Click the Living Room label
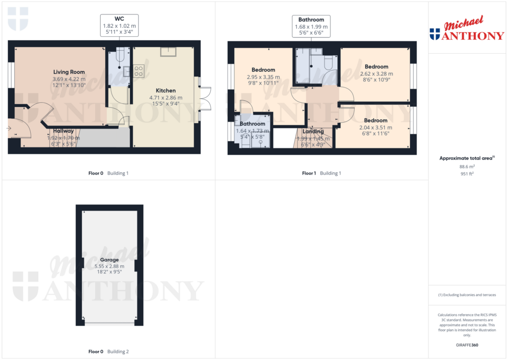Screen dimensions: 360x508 [69, 72]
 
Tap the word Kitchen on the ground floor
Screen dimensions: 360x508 [166, 91]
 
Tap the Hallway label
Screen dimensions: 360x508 [63, 131]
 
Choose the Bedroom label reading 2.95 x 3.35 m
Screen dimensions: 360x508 [263, 70]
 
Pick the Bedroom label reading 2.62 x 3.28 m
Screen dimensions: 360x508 [376, 67]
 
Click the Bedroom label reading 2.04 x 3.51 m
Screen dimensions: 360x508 [376, 121]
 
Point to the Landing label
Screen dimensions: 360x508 [313, 132]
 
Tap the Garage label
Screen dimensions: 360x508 [109, 260]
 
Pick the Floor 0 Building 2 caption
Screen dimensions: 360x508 [109, 352]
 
